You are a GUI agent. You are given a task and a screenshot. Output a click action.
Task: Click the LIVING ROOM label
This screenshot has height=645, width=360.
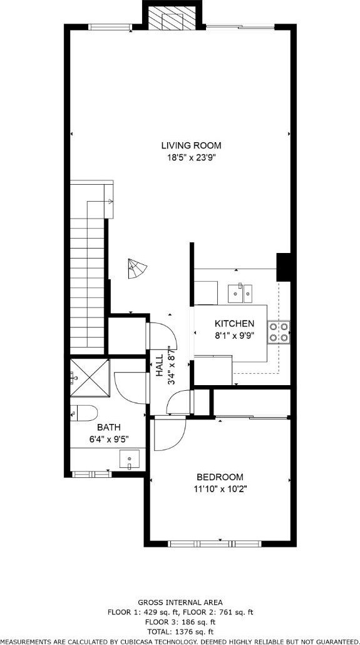coord(191,145)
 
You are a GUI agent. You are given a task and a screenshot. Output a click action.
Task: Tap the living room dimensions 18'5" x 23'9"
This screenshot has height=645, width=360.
coord(191,157)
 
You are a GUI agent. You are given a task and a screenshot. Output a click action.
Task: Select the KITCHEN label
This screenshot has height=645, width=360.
coord(235,324)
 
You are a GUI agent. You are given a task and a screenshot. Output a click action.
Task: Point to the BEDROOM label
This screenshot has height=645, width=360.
coord(220,477)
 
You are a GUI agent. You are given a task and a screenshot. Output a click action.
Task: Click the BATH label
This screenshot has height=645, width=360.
coord(108,428)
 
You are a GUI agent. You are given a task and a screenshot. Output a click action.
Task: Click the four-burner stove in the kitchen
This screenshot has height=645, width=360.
coord(279,333)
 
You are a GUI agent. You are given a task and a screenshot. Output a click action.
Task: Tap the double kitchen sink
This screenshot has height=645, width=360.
coord(240,293)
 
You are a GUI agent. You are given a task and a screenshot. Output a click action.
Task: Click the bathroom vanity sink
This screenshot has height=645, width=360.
coord(129,459)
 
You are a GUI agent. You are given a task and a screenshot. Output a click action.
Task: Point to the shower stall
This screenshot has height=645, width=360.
coord(90,378)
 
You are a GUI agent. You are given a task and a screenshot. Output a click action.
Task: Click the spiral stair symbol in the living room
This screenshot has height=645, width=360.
coord(137,269)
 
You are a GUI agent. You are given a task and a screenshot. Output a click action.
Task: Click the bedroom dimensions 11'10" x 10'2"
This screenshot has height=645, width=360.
coord(220,489)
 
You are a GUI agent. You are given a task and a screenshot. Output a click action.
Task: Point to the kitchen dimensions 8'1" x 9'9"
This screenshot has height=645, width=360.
coord(235,335)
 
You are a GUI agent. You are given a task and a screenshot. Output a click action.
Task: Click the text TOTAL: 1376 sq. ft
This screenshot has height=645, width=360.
coord(180,631)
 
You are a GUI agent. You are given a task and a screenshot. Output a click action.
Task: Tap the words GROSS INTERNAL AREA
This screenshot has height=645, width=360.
coord(180,602)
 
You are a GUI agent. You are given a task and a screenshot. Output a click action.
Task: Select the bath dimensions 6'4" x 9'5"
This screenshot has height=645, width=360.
coord(109,439)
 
